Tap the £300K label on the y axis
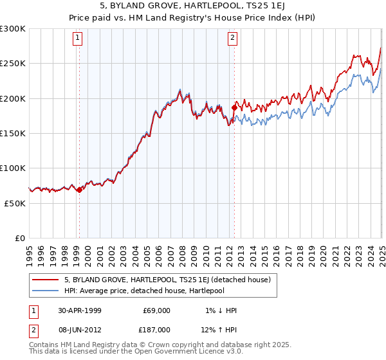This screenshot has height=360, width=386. (13, 29)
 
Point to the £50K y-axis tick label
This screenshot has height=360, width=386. (15, 203)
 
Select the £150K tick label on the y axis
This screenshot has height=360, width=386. (13, 133)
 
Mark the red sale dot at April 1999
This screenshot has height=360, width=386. (79, 190)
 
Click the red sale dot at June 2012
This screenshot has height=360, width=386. (234, 108)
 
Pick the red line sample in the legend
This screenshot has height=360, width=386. (47, 280)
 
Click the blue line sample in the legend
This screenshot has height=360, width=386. (47, 290)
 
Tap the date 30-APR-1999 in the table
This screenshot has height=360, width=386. (80, 310)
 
